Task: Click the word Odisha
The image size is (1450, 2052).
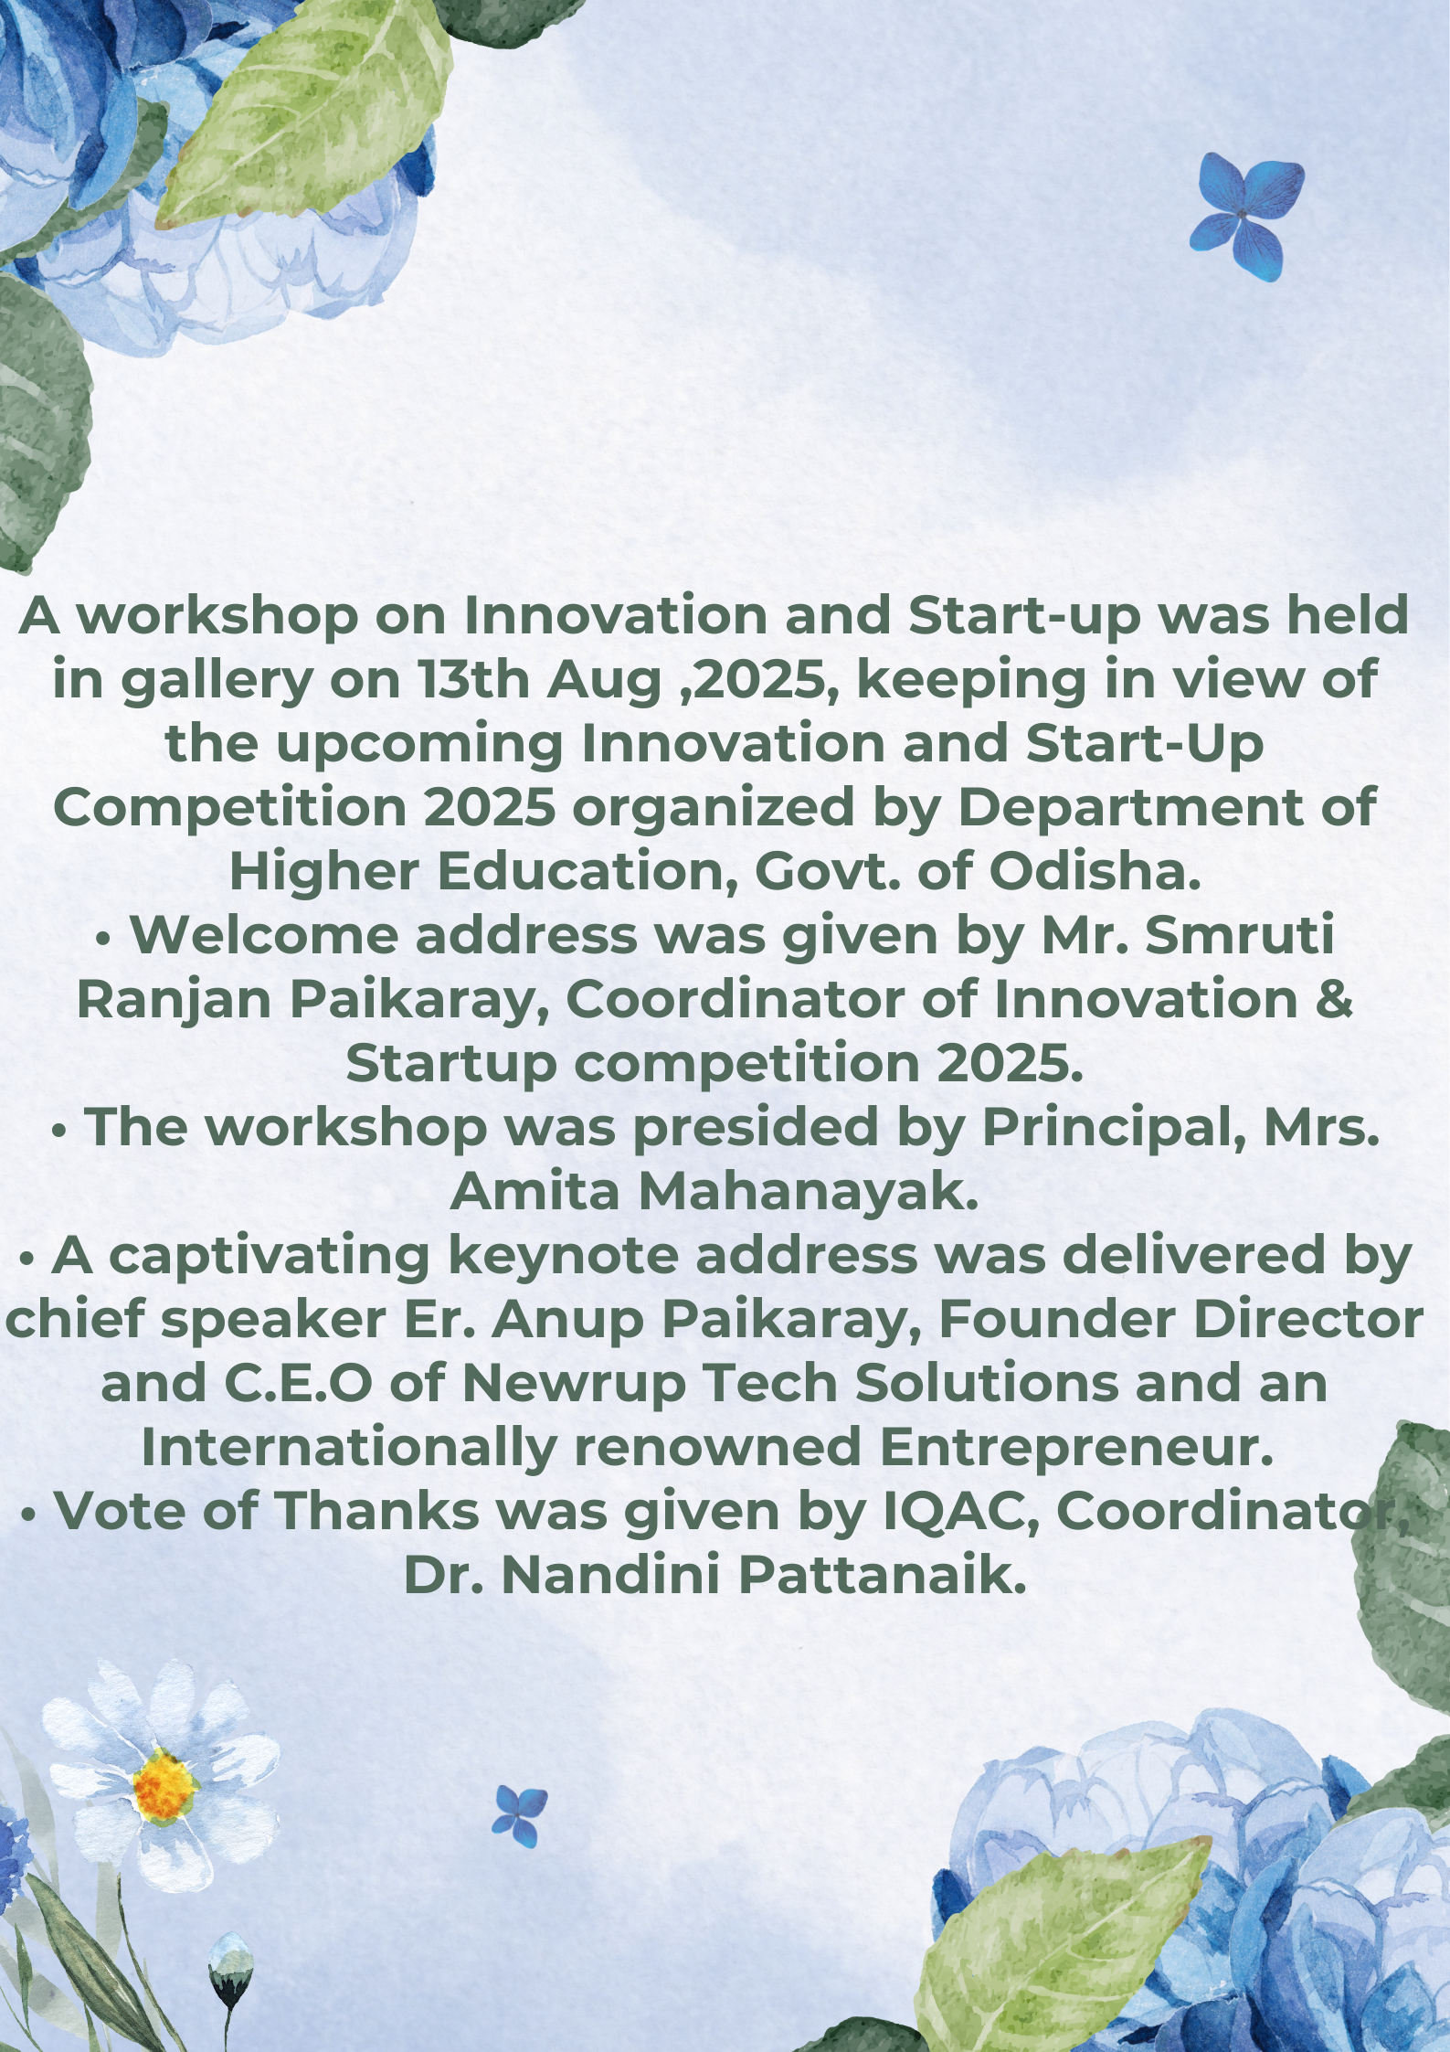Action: [1094, 872]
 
